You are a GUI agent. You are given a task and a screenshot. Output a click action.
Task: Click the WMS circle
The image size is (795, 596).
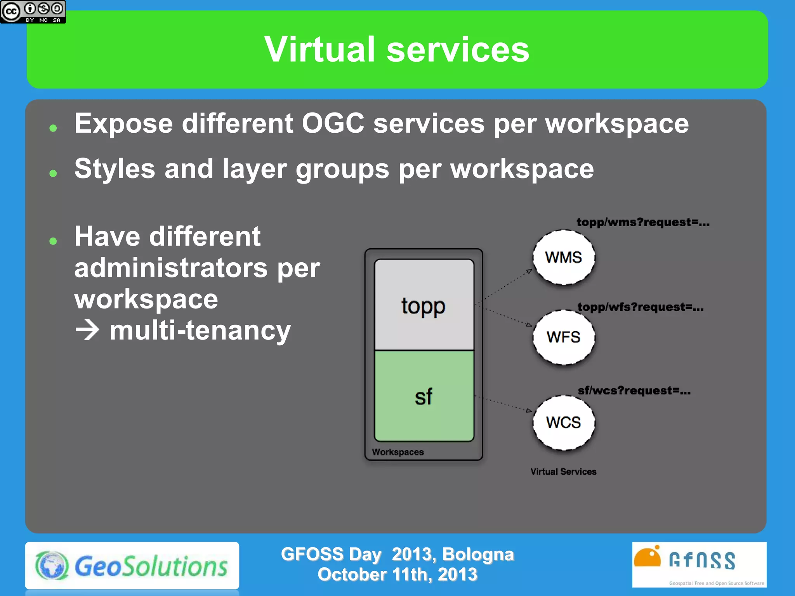coord(564,258)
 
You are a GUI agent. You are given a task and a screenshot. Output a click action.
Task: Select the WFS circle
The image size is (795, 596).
coord(564,337)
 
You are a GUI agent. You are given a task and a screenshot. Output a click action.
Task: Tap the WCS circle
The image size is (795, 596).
coord(564,423)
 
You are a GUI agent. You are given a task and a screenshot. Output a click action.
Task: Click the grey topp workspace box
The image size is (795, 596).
coord(424,305)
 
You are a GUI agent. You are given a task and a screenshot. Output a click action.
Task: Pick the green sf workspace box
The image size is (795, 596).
coord(424,396)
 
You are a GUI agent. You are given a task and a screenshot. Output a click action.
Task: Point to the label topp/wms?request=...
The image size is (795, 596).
coord(643,222)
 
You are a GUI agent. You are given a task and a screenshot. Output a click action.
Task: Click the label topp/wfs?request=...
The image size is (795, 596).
coord(641,307)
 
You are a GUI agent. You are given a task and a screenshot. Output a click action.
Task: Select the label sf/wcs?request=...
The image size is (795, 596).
coord(634,391)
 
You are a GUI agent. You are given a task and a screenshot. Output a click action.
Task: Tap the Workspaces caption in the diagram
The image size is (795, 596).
coord(398,452)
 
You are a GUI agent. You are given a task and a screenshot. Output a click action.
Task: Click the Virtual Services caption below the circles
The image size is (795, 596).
coord(563,472)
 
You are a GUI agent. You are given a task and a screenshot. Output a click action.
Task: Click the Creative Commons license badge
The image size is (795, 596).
coord(33,12)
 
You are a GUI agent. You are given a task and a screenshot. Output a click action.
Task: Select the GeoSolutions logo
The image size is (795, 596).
coord(132,566)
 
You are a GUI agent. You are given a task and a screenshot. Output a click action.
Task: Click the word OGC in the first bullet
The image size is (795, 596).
coord(333,124)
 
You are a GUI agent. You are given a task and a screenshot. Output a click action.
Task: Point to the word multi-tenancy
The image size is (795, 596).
coord(200,331)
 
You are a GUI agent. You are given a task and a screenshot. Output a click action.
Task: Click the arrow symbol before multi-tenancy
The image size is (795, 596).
coord(87,331)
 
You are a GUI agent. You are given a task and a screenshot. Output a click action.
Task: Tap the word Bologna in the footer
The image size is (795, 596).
coord(478,554)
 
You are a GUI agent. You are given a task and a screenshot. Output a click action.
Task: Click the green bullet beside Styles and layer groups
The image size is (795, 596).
coord(53,173)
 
